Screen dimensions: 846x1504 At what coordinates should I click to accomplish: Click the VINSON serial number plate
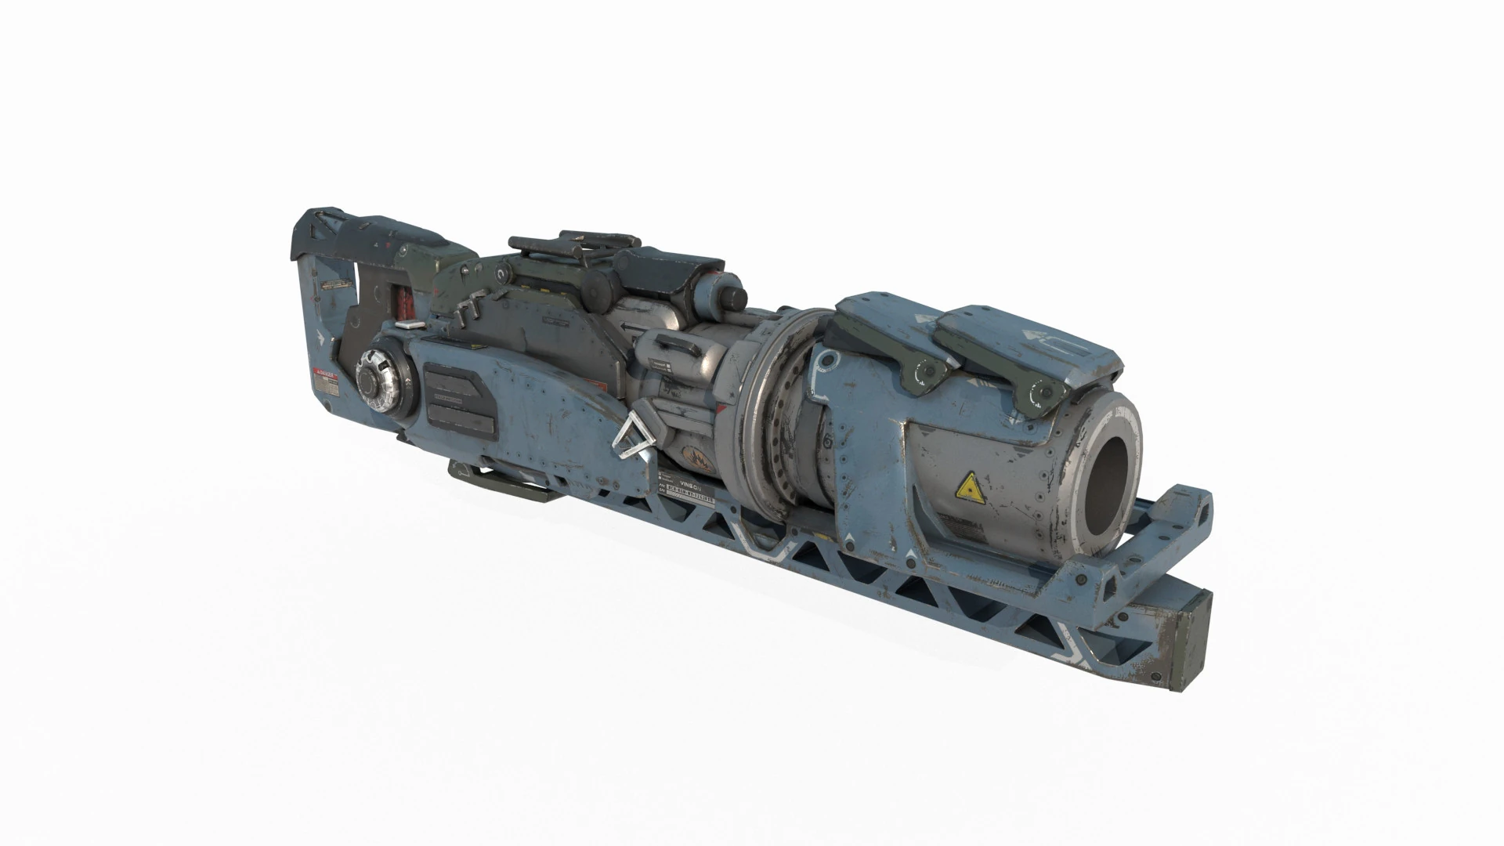point(688,488)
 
